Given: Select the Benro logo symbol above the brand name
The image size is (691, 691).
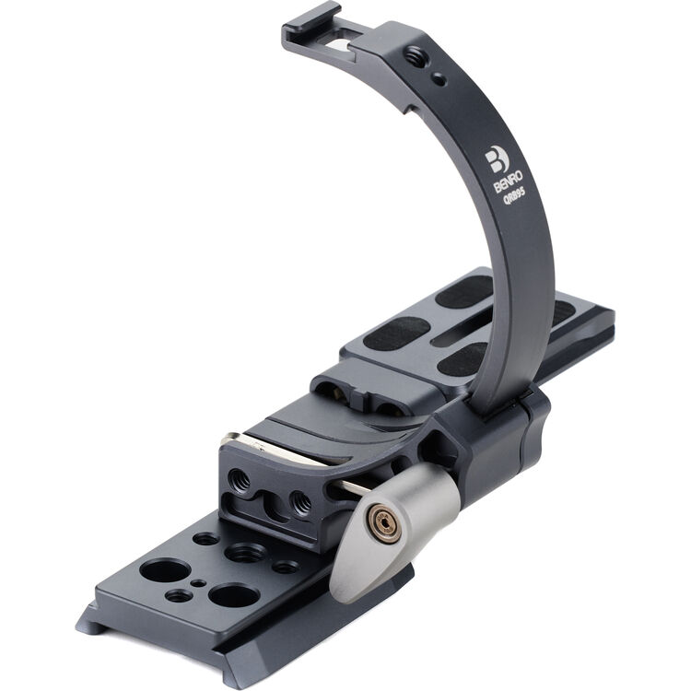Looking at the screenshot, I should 497,158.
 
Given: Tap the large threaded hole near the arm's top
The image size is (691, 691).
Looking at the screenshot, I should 412,58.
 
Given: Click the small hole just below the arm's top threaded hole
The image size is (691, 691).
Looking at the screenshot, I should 437,80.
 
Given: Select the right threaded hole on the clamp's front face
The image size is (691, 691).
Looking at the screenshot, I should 299,501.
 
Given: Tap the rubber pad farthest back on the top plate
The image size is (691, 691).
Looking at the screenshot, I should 462,294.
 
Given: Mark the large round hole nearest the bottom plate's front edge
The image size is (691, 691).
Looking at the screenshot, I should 230,594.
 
